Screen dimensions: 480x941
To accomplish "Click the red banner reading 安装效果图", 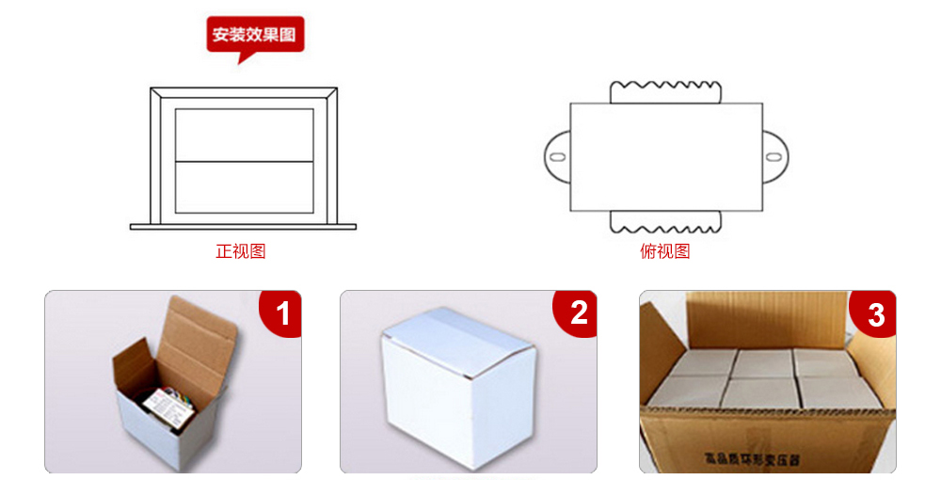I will (x=255, y=35).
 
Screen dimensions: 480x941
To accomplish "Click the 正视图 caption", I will (x=241, y=251).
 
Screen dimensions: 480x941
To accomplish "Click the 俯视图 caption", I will (x=665, y=251).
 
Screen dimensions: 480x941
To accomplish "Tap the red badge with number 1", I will (x=283, y=312).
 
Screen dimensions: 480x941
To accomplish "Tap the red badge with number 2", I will (x=578, y=312).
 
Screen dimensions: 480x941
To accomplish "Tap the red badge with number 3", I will (x=875, y=313).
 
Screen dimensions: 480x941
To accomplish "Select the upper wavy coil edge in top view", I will (x=665, y=91).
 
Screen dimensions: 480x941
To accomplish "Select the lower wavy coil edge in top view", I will (x=665, y=222).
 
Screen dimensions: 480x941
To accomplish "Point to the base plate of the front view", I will (x=243, y=226).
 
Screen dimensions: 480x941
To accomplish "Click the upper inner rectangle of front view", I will (x=245, y=135).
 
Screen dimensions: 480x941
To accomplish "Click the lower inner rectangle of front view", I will (x=245, y=186).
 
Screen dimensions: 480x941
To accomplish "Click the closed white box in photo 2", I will (x=456, y=386).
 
